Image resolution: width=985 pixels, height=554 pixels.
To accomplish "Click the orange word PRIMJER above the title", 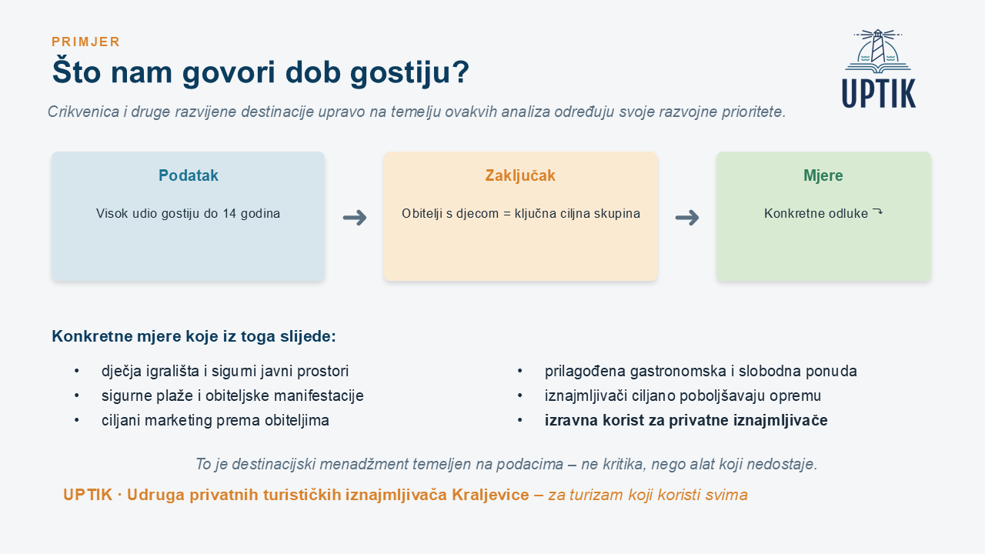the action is coord(85,42).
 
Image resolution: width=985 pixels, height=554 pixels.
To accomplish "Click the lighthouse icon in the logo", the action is coord(878,51).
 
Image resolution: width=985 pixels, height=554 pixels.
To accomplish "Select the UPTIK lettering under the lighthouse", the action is coord(879,93).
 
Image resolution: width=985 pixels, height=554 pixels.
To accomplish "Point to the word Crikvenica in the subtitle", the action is coord(84,112).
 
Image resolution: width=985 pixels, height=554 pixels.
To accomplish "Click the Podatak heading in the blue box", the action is coord(189,175).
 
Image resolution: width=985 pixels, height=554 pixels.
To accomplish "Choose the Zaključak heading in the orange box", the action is coord(520,175).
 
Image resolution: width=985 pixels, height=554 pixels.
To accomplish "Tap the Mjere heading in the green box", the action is coord(823,175).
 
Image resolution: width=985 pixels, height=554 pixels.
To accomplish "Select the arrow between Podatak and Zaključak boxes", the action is coord(355,217).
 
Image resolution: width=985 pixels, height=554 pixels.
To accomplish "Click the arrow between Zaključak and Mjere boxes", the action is coord(687,217).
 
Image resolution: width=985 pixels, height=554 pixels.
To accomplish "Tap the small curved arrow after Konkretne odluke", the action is coord(877,212).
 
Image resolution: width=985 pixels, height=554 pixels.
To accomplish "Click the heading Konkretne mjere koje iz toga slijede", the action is coord(194,336).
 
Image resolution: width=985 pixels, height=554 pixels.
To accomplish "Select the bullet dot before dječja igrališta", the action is coord(77,371).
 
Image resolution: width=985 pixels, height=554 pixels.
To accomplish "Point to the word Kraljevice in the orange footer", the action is coord(490,495).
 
